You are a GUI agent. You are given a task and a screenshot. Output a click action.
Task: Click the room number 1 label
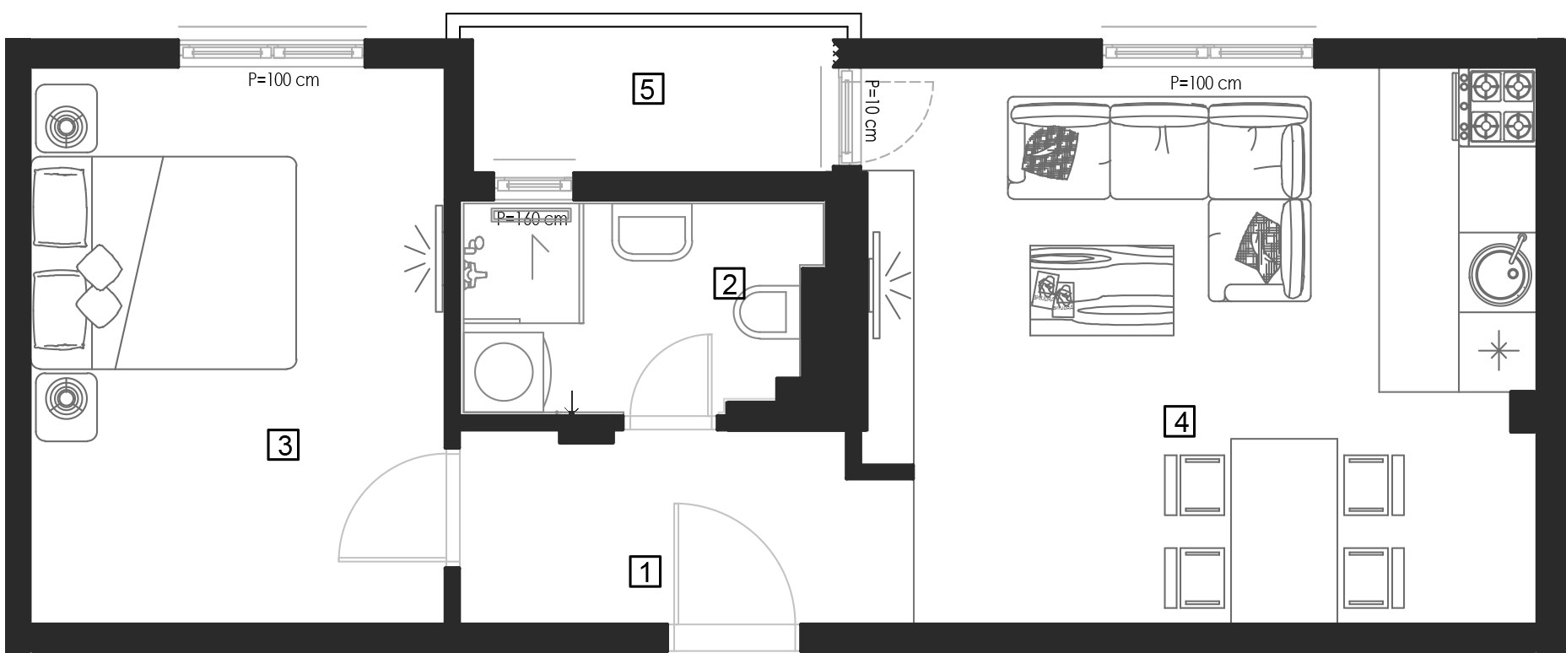point(646,571)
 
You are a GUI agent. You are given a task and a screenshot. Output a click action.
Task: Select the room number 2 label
point(729,283)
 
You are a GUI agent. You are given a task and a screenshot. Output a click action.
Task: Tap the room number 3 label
point(283,444)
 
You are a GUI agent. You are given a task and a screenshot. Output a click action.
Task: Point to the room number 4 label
point(1180,420)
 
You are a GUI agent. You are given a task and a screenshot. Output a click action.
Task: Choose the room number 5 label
point(648,88)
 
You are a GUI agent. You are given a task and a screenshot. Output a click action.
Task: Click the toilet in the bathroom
point(764,312)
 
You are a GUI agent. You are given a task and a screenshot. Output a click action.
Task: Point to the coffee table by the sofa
point(1101,290)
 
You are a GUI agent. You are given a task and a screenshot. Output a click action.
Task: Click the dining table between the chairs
point(1284,530)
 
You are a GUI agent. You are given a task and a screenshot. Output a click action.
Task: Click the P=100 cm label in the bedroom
point(283,81)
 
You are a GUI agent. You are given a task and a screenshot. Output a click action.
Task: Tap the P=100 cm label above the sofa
point(1206,84)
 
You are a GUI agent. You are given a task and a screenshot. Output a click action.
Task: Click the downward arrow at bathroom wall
point(572,404)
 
